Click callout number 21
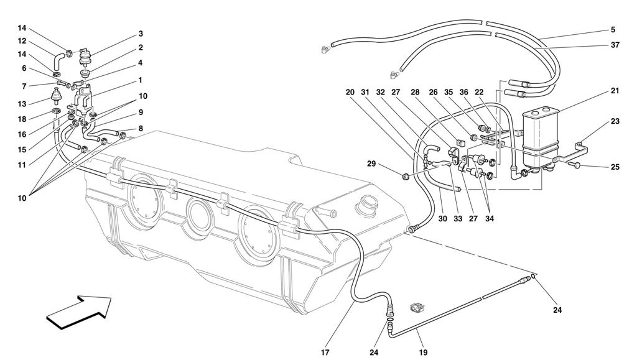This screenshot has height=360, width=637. (615, 91)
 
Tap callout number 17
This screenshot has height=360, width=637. (325, 353)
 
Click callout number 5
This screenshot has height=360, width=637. (613, 29)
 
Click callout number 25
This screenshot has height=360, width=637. (615, 167)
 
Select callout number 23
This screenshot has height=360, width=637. (615, 122)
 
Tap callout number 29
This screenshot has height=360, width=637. (372, 164)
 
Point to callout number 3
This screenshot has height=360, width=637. (141, 34)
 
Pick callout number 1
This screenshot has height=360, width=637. (141, 80)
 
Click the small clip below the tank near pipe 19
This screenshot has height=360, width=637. (417, 307)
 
